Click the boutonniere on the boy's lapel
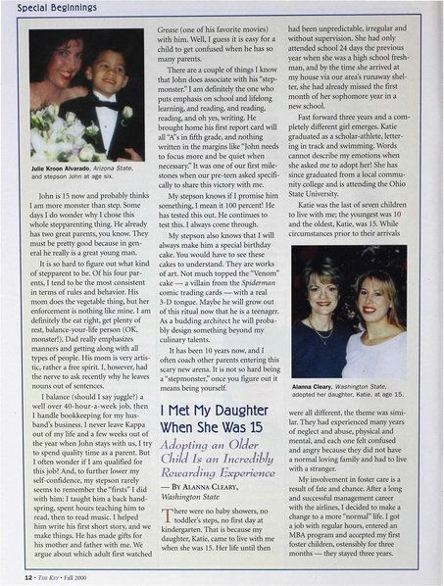coord(126,112)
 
